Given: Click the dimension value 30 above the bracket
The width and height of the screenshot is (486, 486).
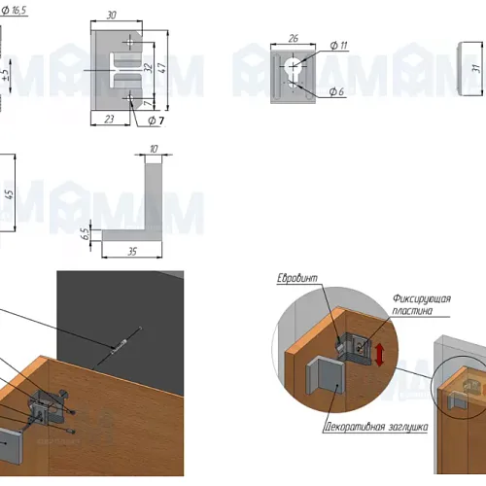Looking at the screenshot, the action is point(111,16).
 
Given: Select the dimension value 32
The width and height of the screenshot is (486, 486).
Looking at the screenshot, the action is point(148,68).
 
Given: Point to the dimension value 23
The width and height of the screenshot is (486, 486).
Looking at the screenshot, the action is point(109,120).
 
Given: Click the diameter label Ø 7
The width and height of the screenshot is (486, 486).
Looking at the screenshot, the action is point(156,121).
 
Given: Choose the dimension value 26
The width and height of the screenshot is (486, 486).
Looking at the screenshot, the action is point(293,39).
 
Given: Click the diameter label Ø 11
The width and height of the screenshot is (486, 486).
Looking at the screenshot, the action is point(338,46).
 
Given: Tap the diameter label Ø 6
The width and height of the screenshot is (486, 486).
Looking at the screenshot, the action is point(336,91).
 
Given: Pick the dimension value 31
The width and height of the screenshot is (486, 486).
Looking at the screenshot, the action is point(476,68).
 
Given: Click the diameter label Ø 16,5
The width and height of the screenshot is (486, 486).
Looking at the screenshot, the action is point(14,11).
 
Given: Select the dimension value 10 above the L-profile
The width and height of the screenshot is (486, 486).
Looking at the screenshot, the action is point(154,149).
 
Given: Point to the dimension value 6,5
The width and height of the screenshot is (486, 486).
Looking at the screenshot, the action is point(85,234).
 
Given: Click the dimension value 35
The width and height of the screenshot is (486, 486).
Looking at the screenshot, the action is point(132,252).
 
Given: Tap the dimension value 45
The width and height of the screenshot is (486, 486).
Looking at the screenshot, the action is point(10,194).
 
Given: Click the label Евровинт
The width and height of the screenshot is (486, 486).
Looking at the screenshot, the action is point(297,278).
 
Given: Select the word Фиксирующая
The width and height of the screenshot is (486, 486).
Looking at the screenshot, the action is point(422,298).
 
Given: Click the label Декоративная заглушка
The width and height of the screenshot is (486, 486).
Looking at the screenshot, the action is point(376,427).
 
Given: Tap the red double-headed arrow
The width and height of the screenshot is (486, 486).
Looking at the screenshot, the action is point(379,355).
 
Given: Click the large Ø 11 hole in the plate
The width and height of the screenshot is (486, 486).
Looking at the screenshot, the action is point(293,66).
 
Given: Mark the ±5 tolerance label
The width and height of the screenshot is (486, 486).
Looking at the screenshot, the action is point(6,76).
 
